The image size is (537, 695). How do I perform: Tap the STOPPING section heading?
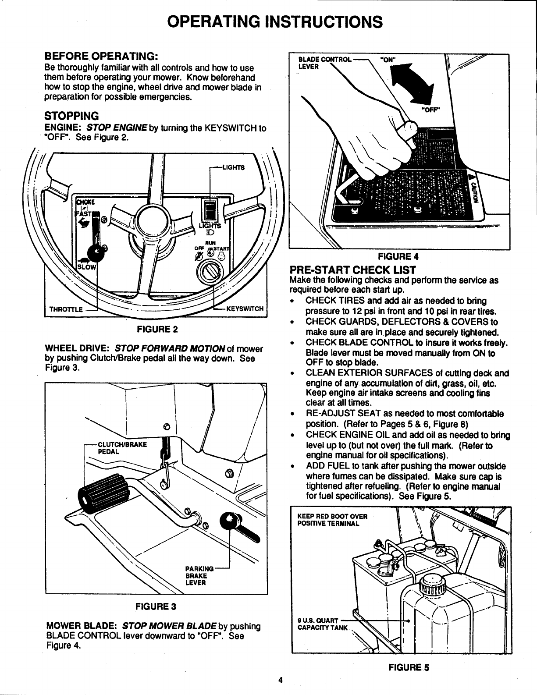[72, 116]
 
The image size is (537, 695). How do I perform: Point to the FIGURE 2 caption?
[156, 329]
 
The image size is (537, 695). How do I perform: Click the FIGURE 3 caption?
[156, 607]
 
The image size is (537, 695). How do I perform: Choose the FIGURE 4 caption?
[398, 256]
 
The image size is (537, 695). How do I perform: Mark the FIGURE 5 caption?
[408, 668]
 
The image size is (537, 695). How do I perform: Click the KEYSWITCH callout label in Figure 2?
[245, 308]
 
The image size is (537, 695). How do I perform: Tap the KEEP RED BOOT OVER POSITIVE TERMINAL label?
[332, 520]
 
